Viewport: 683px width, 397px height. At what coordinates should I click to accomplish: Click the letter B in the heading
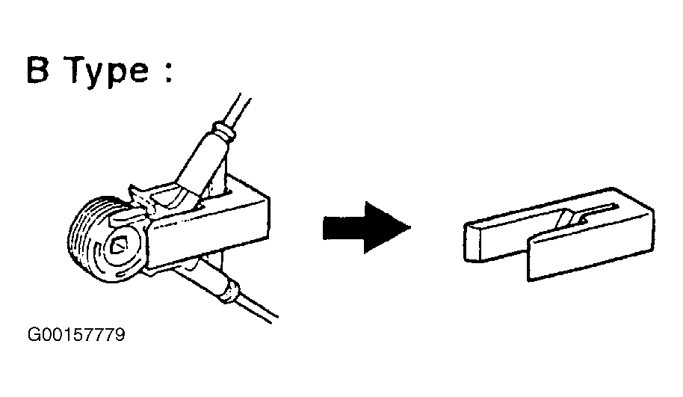38,69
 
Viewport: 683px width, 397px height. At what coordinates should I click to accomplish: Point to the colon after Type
169,71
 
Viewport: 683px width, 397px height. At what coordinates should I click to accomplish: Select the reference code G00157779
76,335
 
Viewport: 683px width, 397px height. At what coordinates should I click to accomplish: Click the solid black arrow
367,227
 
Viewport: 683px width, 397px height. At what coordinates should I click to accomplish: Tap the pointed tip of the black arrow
411,227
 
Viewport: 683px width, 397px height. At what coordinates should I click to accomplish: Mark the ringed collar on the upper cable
223,132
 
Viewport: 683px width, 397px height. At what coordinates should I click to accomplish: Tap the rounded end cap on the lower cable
230,291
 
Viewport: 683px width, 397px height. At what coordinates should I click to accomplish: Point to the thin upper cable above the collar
238,109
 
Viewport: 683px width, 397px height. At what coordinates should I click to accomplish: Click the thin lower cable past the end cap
257,309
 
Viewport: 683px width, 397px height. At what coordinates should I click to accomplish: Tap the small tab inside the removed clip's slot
569,218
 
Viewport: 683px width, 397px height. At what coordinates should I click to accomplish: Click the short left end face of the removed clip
474,241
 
